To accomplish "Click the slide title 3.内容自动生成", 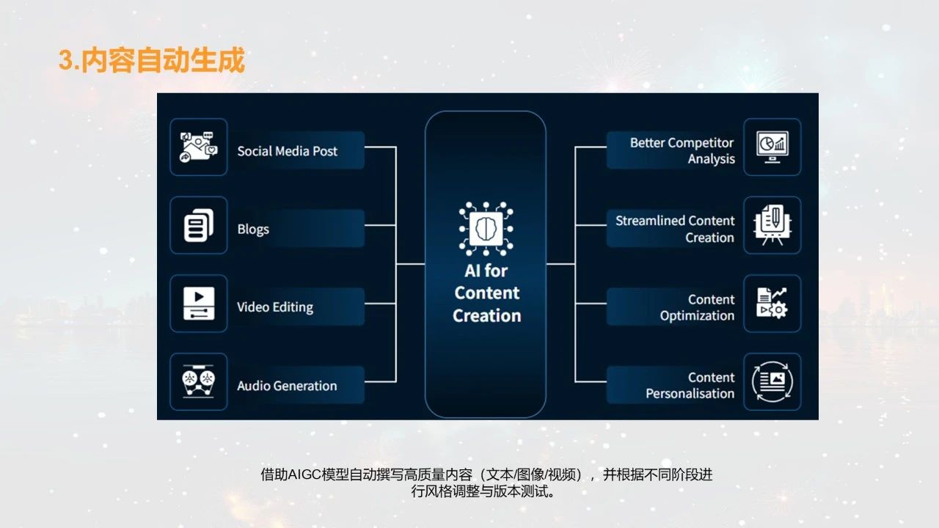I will (x=152, y=61).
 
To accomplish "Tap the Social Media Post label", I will (x=287, y=151).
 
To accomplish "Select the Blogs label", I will (x=253, y=229).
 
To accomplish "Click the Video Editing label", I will (x=275, y=307).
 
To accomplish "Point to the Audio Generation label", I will (x=287, y=386).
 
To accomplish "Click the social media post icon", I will (x=198, y=147).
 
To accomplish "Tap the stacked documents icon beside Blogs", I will (x=198, y=225).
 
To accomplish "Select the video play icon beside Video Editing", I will (x=198, y=304).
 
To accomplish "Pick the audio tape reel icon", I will (x=198, y=381).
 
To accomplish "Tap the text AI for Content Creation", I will (x=486, y=293).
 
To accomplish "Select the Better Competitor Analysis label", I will (x=682, y=150).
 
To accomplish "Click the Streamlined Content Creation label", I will (x=675, y=229).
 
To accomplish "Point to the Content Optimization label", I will (x=697, y=307).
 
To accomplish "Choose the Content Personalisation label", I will (x=690, y=386).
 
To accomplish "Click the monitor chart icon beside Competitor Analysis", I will (x=772, y=147).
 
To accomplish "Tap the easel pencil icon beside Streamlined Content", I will (x=772, y=225).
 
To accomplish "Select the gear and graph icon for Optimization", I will (x=772, y=303).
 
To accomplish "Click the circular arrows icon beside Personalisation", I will (x=772, y=381).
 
